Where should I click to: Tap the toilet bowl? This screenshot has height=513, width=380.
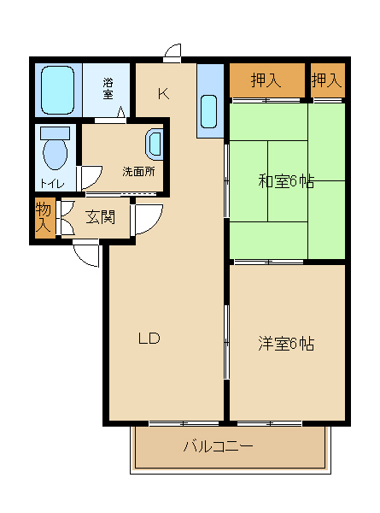(x=56, y=151)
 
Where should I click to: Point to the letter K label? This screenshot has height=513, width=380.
(x=162, y=93)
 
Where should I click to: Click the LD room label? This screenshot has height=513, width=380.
(x=149, y=338)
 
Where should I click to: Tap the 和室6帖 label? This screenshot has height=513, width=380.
(x=286, y=181)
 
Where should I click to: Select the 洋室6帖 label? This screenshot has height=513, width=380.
(x=286, y=344)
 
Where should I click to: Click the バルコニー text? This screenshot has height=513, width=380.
(x=219, y=446)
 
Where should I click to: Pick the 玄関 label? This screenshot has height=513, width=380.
(x=101, y=216)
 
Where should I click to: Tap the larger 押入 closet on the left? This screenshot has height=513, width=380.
(x=266, y=81)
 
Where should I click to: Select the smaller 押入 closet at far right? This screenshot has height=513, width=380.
(x=326, y=81)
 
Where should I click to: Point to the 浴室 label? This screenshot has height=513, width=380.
(x=108, y=88)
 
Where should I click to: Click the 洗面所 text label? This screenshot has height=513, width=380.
(x=138, y=171)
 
